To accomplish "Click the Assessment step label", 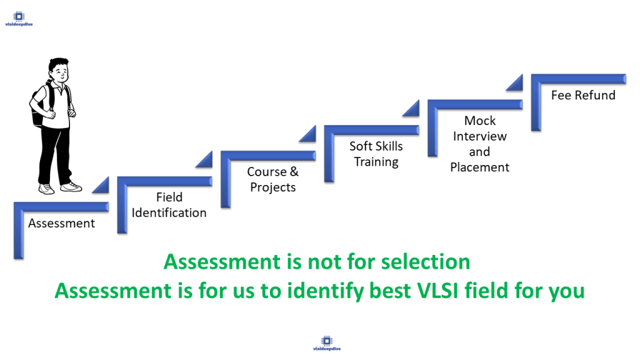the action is tap(62, 223).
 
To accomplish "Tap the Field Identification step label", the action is tap(169, 205).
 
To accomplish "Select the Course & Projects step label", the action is tap(272, 179).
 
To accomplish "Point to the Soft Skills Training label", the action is tap(376, 154).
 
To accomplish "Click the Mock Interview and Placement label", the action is tap(479, 144).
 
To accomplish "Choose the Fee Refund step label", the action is tap(583, 95).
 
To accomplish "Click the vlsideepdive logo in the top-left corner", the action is tap(19, 19).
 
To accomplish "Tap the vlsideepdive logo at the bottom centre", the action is tap(326, 343).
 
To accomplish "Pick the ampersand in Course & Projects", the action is tap(294, 172).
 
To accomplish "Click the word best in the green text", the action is tap(390, 291).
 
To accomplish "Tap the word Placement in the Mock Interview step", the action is tap(479, 167).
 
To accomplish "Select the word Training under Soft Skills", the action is tap(376, 162).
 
